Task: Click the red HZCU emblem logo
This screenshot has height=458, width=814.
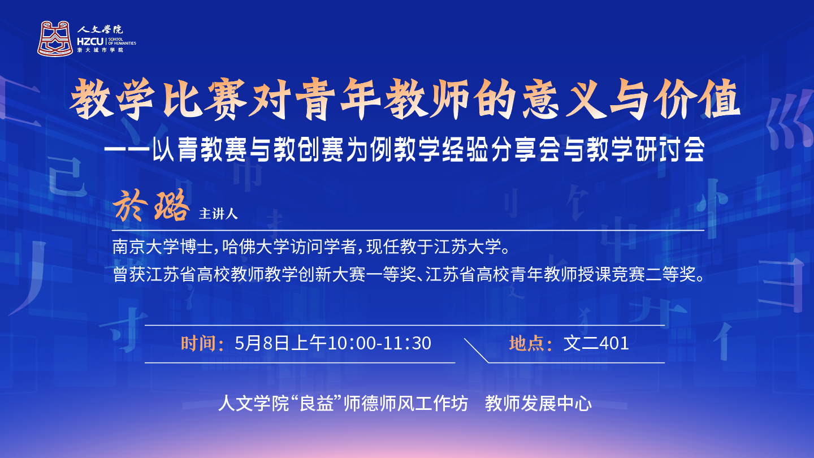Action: pos(55,38)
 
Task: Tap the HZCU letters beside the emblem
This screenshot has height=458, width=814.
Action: pos(90,42)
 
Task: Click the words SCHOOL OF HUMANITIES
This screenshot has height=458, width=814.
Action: pos(122,41)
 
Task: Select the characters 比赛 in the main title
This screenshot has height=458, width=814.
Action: pos(205,100)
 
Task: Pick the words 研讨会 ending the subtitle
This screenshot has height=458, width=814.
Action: pos(669,149)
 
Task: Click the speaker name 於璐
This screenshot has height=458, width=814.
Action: pos(151,206)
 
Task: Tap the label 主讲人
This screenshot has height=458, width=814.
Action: pos(218,214)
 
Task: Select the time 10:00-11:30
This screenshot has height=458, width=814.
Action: pos(379,343)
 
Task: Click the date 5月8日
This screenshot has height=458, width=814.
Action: pos(262,343)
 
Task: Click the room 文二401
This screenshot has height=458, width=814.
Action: pos(596,343)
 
